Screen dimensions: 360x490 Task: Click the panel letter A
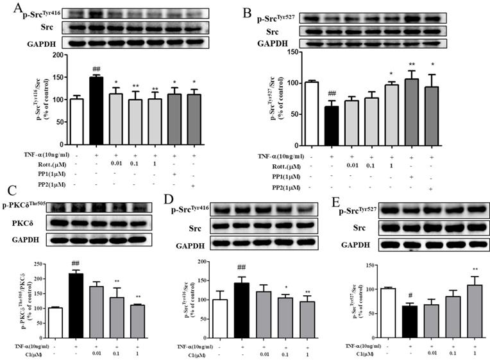pos(7,8)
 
